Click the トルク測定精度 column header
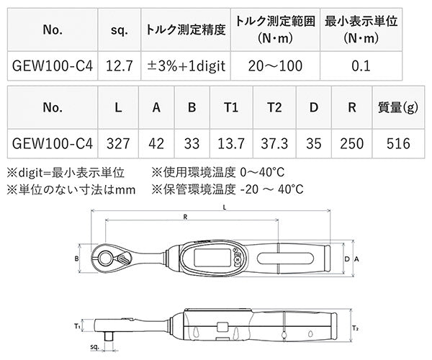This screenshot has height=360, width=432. (186, 32)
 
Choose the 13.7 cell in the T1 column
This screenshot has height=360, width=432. (230, 142)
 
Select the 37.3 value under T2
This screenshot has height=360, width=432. (274, 142)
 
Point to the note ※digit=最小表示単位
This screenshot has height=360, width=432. (66, 173)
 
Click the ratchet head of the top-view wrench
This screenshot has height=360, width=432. (114, 258)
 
